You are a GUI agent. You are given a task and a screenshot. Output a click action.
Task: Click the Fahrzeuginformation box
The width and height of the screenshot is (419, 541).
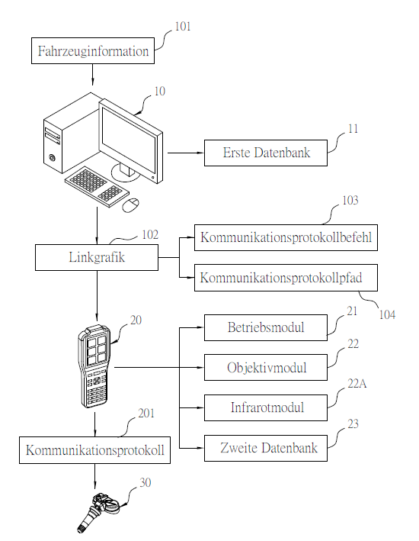click(93, 50)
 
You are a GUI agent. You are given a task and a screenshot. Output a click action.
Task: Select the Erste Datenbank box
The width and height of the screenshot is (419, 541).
click(266, 153)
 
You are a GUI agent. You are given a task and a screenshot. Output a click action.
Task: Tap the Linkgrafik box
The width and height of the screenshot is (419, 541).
click(97, 257)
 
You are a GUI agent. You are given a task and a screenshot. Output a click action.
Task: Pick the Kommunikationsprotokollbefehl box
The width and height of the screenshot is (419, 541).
click(286, 237)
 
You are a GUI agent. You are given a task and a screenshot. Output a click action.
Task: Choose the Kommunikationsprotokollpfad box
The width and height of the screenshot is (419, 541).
click(286, 278)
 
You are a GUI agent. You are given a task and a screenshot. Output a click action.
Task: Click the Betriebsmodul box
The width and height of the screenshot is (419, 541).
click(266, 327)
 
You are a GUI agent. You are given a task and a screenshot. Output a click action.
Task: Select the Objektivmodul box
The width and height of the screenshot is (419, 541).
click(266, 368)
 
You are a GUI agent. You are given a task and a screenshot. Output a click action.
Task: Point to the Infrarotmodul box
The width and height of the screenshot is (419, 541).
click(266, 407)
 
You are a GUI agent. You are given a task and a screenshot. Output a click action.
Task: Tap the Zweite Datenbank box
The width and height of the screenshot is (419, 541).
click(266, 448)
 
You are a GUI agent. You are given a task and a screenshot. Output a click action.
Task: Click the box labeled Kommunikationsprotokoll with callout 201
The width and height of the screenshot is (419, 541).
click(94, 450)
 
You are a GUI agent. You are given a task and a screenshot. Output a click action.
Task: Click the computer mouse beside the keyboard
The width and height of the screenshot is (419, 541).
click(131, 204)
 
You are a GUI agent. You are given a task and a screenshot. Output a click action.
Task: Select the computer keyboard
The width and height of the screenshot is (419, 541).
click(98, 187)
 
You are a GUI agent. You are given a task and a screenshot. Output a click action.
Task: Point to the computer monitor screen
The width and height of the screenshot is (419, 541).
click(130, 138)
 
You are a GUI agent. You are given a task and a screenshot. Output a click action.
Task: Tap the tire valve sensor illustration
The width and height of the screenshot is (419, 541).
click(98, 512)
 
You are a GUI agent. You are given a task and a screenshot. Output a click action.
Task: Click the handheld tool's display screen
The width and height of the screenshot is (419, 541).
click(97, 350)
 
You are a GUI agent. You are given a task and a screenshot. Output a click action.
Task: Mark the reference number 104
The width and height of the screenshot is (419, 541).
click(387, 314)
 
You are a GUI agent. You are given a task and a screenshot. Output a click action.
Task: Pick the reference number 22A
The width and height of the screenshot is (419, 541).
click(357, 384)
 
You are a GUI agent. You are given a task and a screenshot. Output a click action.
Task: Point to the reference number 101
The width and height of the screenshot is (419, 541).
click(183, 27)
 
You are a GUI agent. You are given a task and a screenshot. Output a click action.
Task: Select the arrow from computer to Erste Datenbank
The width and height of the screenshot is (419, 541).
click(186, 153)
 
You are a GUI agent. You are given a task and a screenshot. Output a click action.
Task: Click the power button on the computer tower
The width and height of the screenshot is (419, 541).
click(52, 158)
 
